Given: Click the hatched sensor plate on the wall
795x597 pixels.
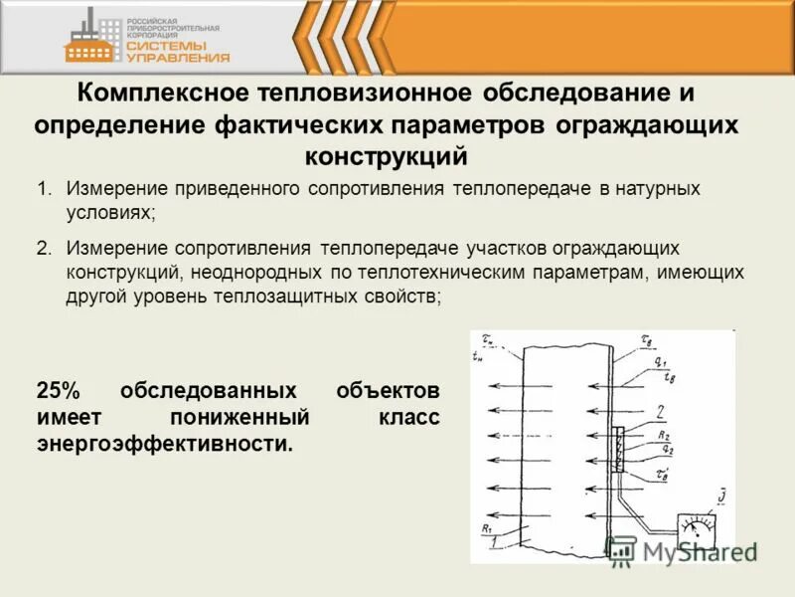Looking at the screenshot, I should pos(618,455).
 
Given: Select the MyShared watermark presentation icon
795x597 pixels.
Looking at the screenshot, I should pos(621,549).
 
